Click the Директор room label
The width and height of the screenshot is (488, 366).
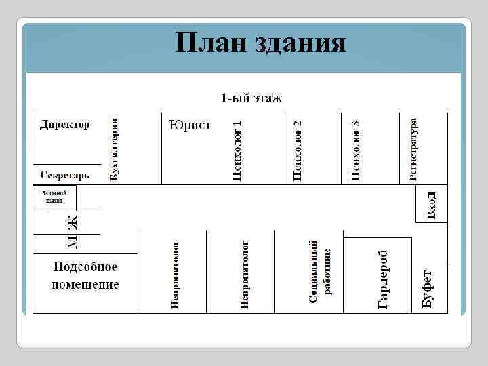[64, 125]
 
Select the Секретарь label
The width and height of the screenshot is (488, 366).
[64, 175]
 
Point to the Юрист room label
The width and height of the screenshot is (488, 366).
[190, 125]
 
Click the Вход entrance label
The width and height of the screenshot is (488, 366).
[432, 205]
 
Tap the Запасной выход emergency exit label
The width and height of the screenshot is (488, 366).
[54, 197]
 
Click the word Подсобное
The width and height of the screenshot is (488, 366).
[85, 267]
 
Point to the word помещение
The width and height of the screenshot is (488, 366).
[85, 285]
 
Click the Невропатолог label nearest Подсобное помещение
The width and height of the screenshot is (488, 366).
[175, 274]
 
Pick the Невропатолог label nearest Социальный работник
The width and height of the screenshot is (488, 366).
[245, 274]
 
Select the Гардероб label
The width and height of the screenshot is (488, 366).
[383, 278]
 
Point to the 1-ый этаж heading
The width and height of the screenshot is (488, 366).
[251, 98]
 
